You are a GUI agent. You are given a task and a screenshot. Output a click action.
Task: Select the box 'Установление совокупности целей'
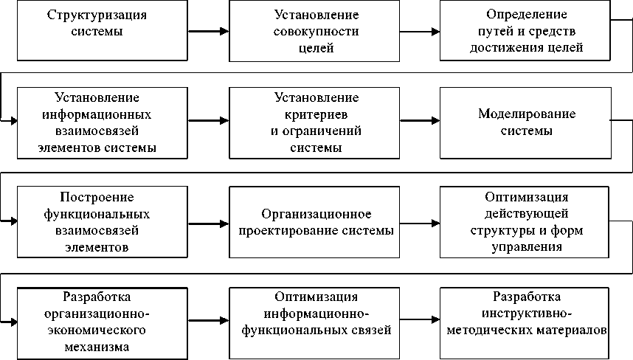tap(316, 31)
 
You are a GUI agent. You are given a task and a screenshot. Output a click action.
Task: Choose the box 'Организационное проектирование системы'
tap(316, 221)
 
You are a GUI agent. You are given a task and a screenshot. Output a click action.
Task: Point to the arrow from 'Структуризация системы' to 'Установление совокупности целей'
tap(209, 31)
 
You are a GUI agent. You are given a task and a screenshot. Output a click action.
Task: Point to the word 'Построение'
tap(97, 197)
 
